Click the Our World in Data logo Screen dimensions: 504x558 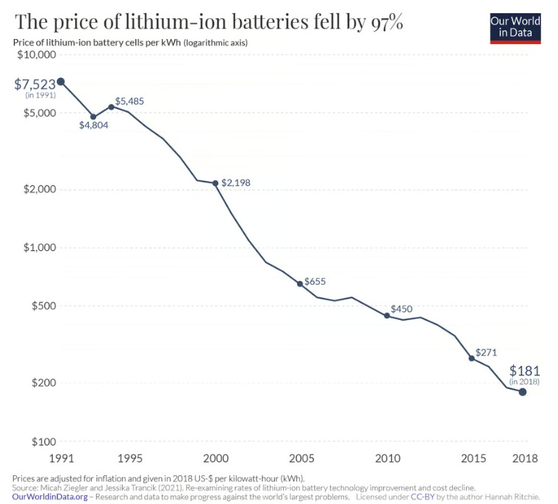click(515, 27)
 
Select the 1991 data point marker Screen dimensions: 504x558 click(60, 82)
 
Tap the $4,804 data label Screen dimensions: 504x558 click(93, 125)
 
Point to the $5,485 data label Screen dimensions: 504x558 click(132, 100)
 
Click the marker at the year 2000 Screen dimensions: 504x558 click(215, 183)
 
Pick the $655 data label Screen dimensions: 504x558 click(315, 281)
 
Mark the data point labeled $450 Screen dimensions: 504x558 click(387, 316)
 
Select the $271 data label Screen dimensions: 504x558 click(487, 353)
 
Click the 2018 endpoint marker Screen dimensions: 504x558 click(523, 392)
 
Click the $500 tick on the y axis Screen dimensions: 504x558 click(42, 305)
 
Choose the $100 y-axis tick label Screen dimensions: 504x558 click(42, 441)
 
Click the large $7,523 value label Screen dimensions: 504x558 click(35, 84)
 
